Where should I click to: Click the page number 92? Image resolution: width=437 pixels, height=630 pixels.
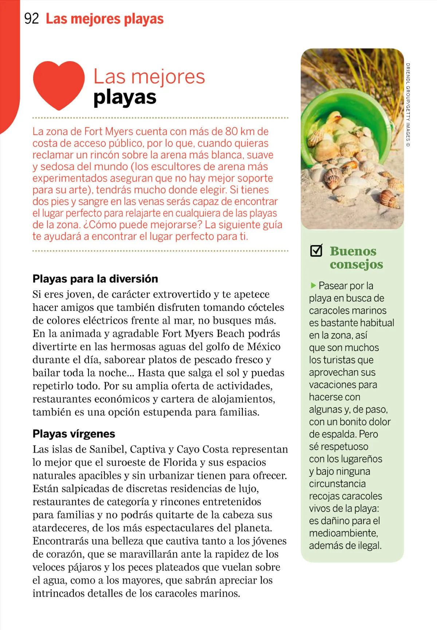31,19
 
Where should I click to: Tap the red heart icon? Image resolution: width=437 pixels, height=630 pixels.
59,85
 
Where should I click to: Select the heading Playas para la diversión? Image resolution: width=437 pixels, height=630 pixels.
95,279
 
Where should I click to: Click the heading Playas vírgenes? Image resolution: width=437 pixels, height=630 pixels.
74,434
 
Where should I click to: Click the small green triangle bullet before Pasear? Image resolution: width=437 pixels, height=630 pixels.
313,285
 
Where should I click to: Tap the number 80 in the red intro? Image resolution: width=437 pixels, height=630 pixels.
232,131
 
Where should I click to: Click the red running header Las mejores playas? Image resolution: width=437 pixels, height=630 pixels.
105,19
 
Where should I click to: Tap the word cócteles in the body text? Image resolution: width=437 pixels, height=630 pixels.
266,307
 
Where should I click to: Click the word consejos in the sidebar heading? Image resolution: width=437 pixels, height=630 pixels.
356,264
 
